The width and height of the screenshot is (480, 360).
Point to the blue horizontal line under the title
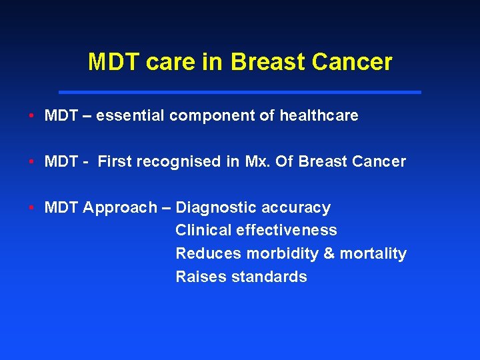[x=240, y=92]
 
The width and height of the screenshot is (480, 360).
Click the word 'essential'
[x=131, y=115]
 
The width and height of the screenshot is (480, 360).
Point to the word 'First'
[x=115, y=161]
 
